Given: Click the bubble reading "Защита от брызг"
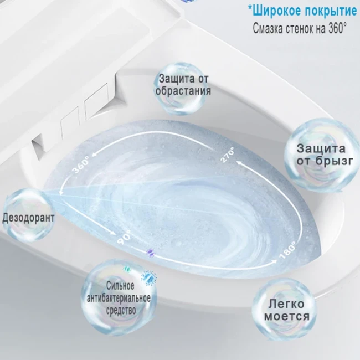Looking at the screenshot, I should click(x=321, y=155).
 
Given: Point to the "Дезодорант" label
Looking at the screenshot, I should click(x=29, y=217).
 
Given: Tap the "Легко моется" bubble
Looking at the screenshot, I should click(x=286, y=310).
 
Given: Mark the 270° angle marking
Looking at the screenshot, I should click(x=228, y=155).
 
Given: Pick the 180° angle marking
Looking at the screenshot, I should click(x=289, y=249).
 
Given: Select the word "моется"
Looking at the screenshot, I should click(x=286, y=316).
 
